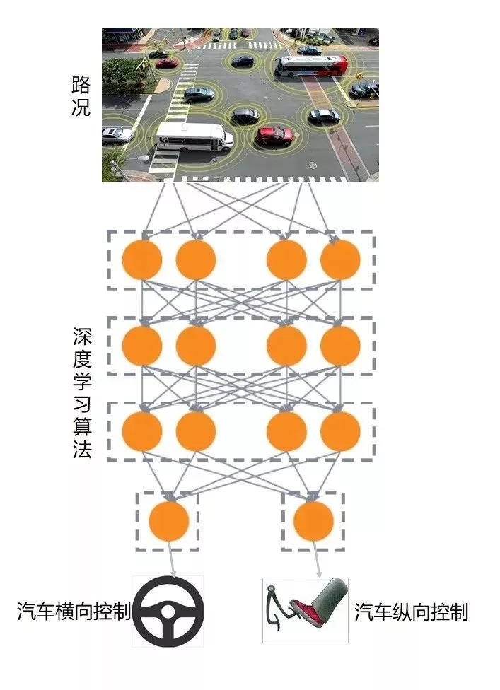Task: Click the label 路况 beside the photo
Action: tap(81, 97)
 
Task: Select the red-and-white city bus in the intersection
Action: tap(311, 66)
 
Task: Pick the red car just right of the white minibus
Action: tap(274, 134)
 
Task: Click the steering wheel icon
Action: tap(168, 612)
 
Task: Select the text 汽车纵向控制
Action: tap(411, 612)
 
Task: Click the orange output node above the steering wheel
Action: tap(169, 521)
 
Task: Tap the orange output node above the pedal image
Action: tap(313, 521)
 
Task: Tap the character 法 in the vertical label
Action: tap(81, 450)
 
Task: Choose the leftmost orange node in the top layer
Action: tap(142, 259)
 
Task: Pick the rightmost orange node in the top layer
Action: tap(340, 259)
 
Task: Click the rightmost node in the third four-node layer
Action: tap(340, 431)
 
